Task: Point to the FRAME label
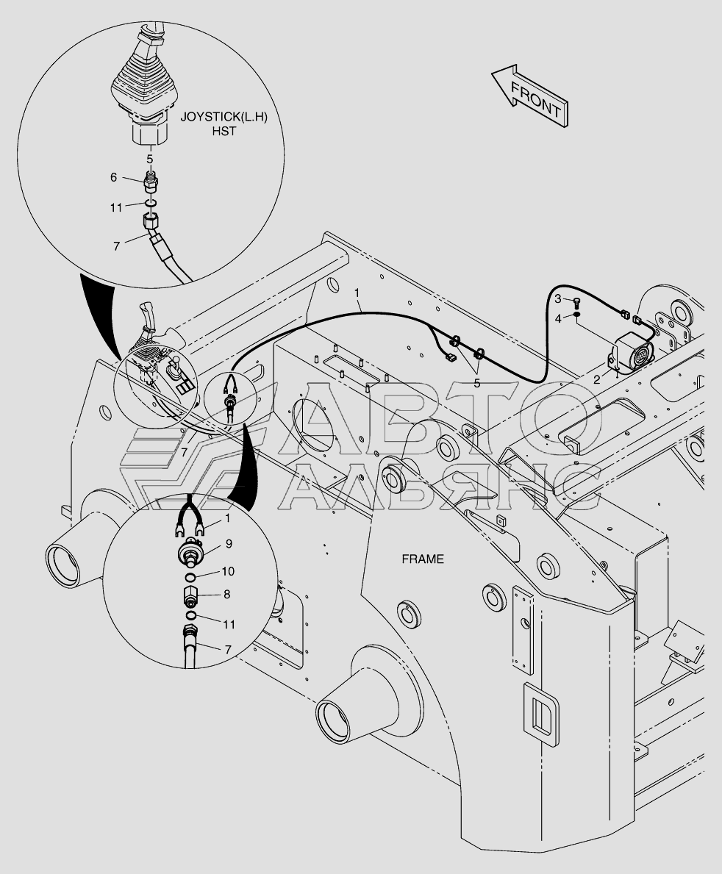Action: (422, 559)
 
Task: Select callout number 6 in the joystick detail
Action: (114, 177)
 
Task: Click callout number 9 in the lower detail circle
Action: (229, 545)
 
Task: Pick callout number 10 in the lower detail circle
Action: (229, 571)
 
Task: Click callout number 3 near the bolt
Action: (558, 298)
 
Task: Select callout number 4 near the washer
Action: (558, 318)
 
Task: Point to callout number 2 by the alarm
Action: (596, 379)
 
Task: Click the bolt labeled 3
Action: (576, 300)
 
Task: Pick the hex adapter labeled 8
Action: (191, 594)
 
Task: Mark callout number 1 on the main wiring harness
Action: (357, 293)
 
